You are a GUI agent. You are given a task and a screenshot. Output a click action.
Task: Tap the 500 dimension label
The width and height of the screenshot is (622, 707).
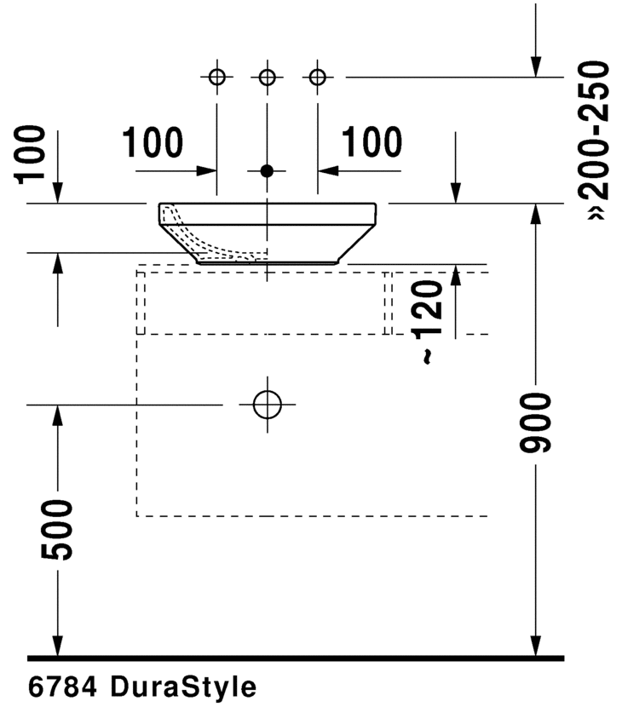58,530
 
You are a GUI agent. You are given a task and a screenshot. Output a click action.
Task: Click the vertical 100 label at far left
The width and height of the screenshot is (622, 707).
32,153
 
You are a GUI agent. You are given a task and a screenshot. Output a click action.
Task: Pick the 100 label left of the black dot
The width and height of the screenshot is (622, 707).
153,143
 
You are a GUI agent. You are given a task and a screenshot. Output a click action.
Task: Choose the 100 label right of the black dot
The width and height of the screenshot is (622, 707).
371,143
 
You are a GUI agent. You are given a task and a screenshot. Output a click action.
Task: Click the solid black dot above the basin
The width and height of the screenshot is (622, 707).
268,170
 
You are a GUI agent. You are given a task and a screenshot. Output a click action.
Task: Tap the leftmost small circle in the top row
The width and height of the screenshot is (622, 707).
217,78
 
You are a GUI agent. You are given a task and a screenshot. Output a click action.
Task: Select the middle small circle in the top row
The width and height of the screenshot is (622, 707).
268,78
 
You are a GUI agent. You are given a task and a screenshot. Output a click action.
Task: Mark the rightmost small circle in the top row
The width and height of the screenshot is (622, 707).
318,78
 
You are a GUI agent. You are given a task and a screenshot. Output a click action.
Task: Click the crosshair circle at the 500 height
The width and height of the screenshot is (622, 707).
268,404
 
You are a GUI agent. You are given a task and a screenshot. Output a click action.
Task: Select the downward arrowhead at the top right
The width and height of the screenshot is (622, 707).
536,66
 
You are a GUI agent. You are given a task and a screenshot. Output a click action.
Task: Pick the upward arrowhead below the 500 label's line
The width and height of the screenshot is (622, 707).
58,415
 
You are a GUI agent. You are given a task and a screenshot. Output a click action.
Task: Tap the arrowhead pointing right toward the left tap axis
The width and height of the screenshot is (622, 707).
206,170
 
